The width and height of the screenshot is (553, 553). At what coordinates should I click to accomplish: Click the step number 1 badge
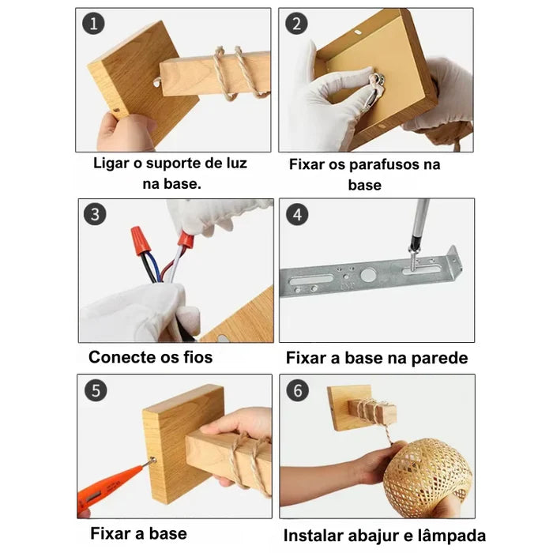click(x=94, y=24)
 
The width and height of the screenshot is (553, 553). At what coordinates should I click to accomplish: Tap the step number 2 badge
click(x=296, y=24)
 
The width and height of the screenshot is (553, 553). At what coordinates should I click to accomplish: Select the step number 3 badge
click(x=94, y=214)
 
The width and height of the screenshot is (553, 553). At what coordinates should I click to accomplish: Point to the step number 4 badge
click(x=297, y=214)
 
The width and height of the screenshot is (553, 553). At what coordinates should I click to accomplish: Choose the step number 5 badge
click(x=94, y=389)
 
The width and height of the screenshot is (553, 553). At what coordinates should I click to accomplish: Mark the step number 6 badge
click(x=297, y=389)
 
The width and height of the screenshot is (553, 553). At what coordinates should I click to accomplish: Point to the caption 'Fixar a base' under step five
click(x=138, y=532)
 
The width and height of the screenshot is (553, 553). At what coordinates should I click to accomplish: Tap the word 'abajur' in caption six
click(x=377, y=535)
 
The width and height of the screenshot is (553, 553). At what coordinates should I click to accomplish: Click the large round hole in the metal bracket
click(x=368, y=276)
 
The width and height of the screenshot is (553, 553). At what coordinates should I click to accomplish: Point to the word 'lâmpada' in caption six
click(x=452, y=535)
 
